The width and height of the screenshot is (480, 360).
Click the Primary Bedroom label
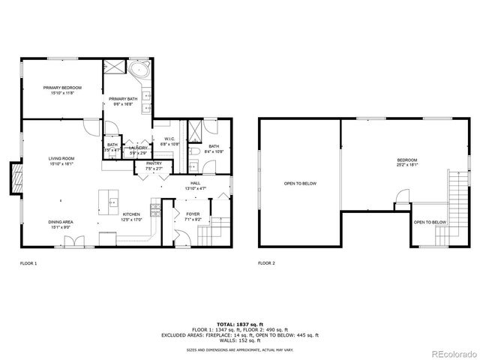tap(62, 88)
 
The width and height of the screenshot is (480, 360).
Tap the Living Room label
tap(61, 159)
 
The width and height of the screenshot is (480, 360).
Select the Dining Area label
tap(61, 223)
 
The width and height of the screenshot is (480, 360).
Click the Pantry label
tap(154, 163)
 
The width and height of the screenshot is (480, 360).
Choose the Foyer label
tap(193, 214)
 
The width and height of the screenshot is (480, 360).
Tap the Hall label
tap(195, 183)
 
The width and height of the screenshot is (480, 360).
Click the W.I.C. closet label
tap(169, 139)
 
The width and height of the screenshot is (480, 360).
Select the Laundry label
tap(137, 148)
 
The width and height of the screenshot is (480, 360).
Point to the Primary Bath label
tap(122, 100)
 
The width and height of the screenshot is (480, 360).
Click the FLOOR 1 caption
tap(28, 263)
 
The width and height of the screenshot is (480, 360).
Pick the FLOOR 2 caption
tap(266, 263)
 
